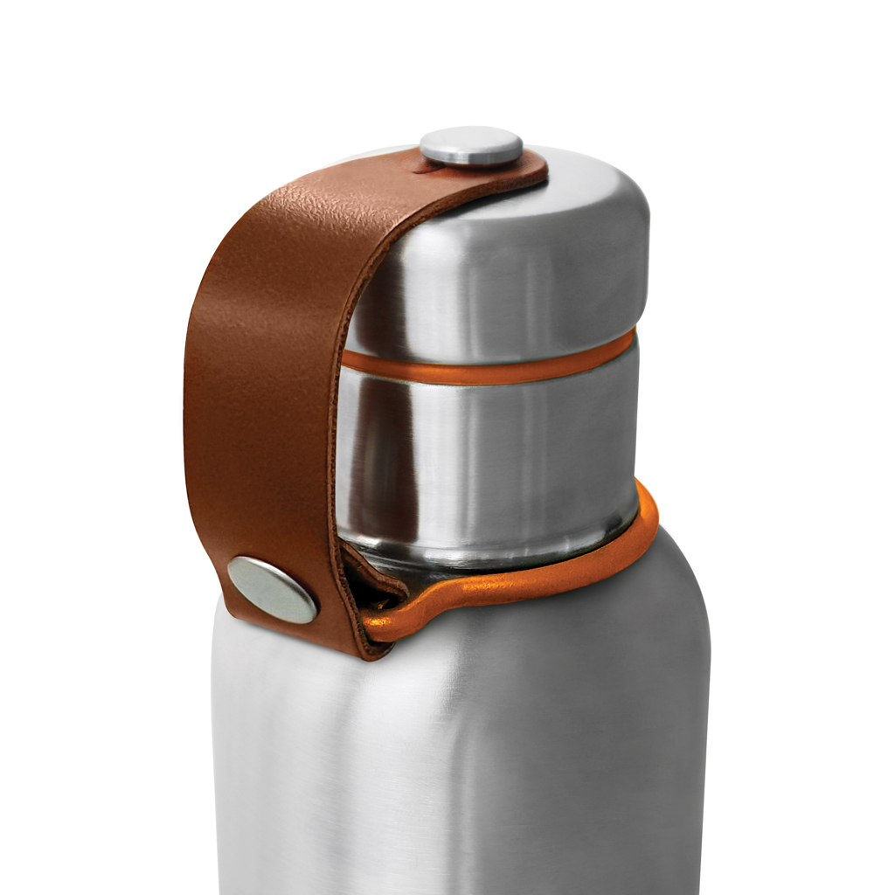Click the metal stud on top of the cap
pos(471,146)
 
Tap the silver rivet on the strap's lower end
pos(272,590)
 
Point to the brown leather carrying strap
pos(262,393)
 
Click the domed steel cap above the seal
pos(524,262)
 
